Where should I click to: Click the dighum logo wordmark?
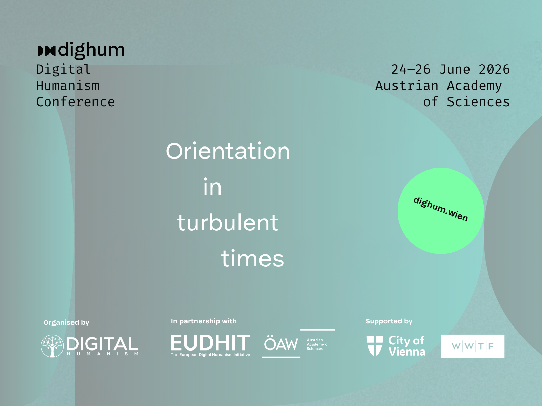coord(81,50)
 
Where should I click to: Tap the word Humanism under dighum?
coord(68,86)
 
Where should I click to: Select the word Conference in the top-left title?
coord(76,102)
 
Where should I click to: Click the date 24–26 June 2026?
coord(451,69)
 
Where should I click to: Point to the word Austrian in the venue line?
coord(407,86)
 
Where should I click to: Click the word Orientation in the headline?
coord(228,151)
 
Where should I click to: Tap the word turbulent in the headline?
coord(228,222)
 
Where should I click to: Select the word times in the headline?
coord(252,258)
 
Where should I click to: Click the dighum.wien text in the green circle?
coord(441,209)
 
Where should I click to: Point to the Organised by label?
coord(66,323)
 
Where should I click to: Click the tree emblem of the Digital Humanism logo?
coord(52,346)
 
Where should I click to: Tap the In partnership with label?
coord(204,321)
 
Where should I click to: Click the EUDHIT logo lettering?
coord(210,342)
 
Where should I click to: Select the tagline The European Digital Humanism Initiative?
coord(210,355)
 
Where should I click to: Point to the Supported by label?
coord(389,321)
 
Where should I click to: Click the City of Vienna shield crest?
coord(375,345)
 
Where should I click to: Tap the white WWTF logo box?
coord(473,346)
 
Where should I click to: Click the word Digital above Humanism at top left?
coord(63,69)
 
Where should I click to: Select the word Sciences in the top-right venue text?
coord(478,102)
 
